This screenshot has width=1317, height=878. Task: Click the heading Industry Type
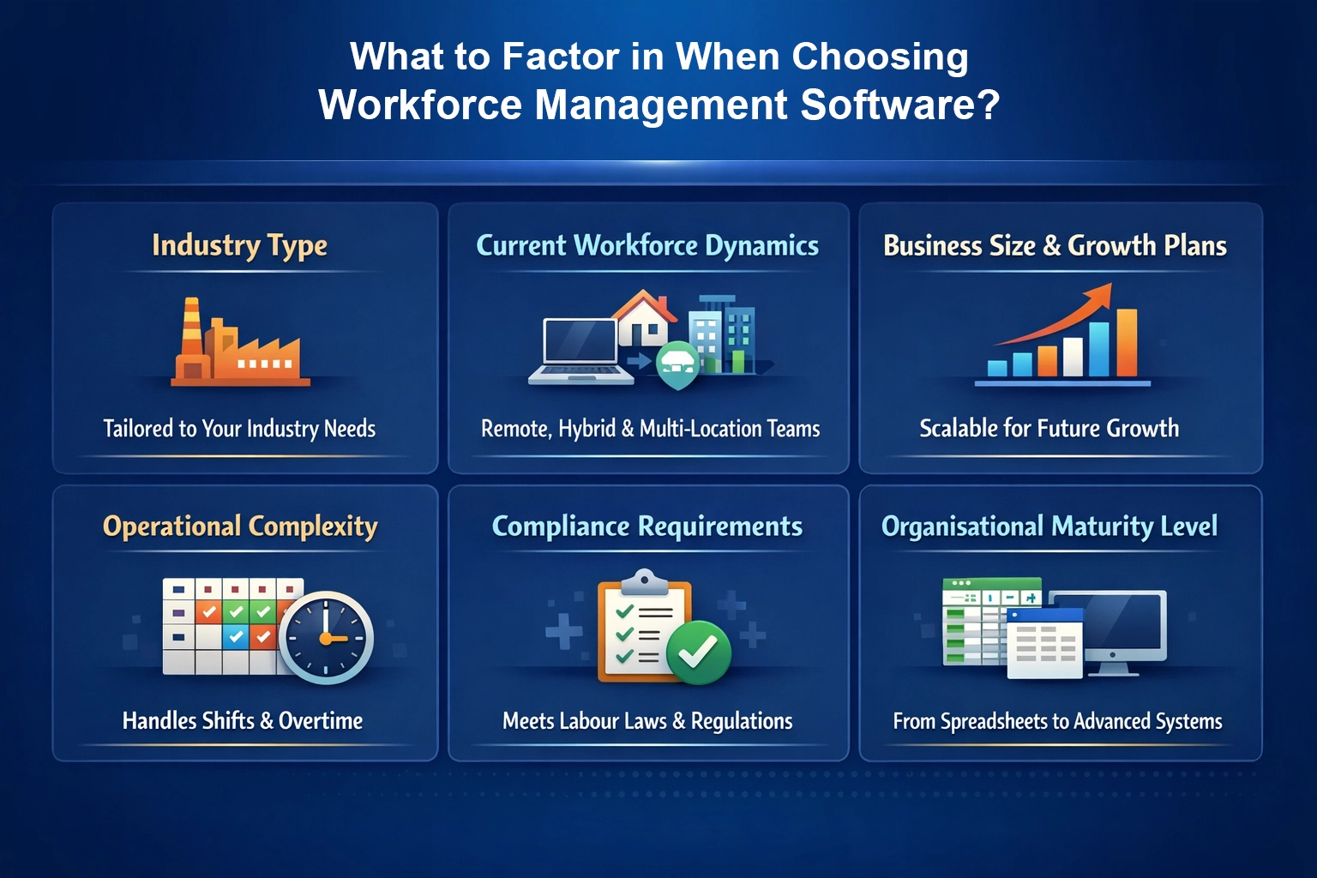click(x=239, y=245)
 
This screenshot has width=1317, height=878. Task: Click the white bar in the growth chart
click(x=1073, y=356)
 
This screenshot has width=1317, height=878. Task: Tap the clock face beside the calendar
click(x=326, y=637)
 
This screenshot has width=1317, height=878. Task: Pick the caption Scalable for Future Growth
click(x=1049, y=428)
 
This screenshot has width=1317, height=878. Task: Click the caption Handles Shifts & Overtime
click(x=243, y=720)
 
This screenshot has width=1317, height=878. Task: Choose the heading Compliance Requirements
click(x=647, y=526)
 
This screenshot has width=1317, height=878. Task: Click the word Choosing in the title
click(x=880, y=57)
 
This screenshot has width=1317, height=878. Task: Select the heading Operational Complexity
click(x=240, y=526)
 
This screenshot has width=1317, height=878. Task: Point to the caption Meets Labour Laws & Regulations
click(x=647, y=720)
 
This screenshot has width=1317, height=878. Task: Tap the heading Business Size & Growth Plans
click(x=1055, y=246)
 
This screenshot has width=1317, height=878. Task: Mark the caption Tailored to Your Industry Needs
click(x=239, y=428)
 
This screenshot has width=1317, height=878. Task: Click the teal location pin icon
click(x=678, y=364)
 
